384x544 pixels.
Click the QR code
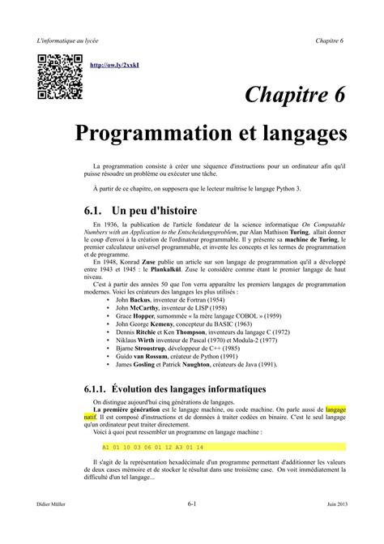61,77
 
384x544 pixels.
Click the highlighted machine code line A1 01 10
154,447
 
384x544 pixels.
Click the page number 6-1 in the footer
192,526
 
